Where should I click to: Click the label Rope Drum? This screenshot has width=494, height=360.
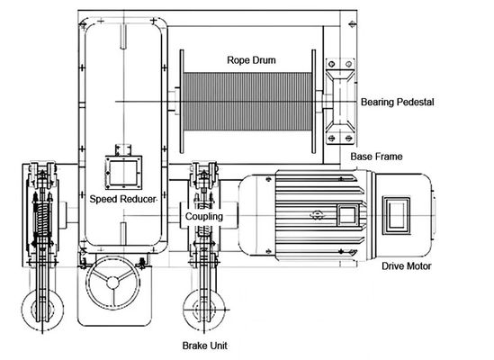point(251,61)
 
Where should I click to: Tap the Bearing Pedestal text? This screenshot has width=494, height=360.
point(397,103)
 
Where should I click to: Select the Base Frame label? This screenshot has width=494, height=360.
point(376,157)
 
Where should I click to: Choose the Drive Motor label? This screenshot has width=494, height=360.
point(406,266)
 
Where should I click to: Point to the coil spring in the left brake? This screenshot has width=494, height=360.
point(39,220)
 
